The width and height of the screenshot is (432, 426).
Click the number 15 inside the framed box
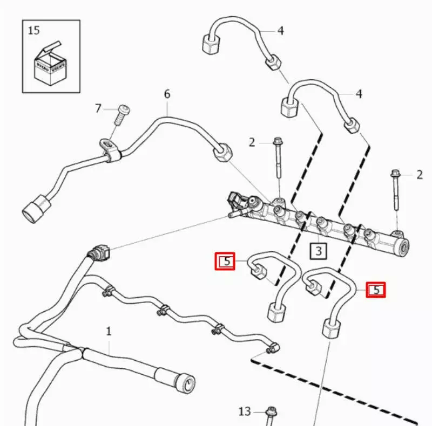pyautogui.click(x=33, y=30)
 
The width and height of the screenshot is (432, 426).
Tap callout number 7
pyautogui.click(x=98, y=109)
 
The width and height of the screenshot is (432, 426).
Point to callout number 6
pyautogui.click(x=167, y=94)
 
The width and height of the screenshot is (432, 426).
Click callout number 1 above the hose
pyautogui.click(x=109, y=331)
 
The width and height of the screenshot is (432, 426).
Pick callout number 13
pyautogui.click(x=245, y=411)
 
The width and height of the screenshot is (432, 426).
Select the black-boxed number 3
pyautogui.click(x=319, y=251)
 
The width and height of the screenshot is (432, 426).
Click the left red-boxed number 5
pyautogui.click(x=225, y=262)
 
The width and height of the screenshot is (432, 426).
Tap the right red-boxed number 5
pyautogui.click(x=376, y=290)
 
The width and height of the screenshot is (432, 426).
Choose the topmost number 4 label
pyautogui.click(x=280, y=31)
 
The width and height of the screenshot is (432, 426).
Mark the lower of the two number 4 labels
pyautogui.click(x=359, y=94)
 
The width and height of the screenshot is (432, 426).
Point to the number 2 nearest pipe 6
pyautogui.click(x=252, y=142)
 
